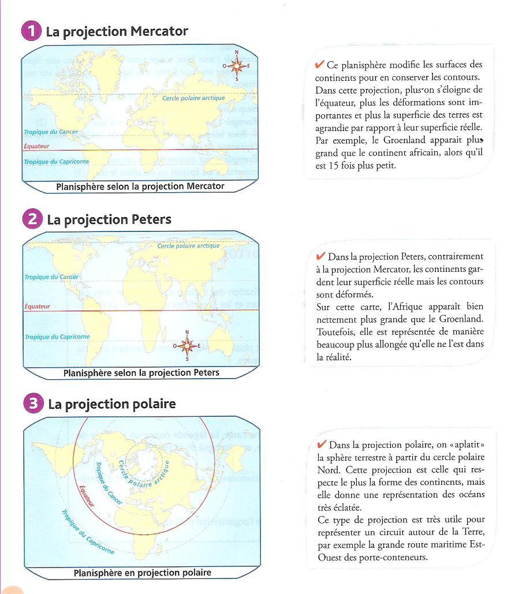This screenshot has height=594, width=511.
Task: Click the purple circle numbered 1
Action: click(31, 31)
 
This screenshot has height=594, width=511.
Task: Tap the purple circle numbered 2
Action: click(32, 219)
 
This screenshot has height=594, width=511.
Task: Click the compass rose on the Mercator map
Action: click(236, 66)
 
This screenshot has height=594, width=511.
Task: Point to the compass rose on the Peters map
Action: click(187, 346)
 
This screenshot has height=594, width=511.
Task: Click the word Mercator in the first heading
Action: click(159, 31)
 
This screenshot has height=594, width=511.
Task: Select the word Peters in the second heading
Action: click(151, 219)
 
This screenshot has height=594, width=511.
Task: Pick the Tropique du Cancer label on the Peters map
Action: click(51, 277)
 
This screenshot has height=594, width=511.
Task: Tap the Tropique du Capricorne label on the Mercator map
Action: click(56, 162)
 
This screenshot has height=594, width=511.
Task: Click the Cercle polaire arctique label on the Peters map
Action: click(188, 246)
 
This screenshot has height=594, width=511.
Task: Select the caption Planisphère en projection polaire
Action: click(142, 573)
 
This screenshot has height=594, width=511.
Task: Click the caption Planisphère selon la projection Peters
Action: click(141, 373)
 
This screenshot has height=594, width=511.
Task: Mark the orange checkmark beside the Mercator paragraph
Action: click(319, 65)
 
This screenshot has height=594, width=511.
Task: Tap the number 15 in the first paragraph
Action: click(338, 166)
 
